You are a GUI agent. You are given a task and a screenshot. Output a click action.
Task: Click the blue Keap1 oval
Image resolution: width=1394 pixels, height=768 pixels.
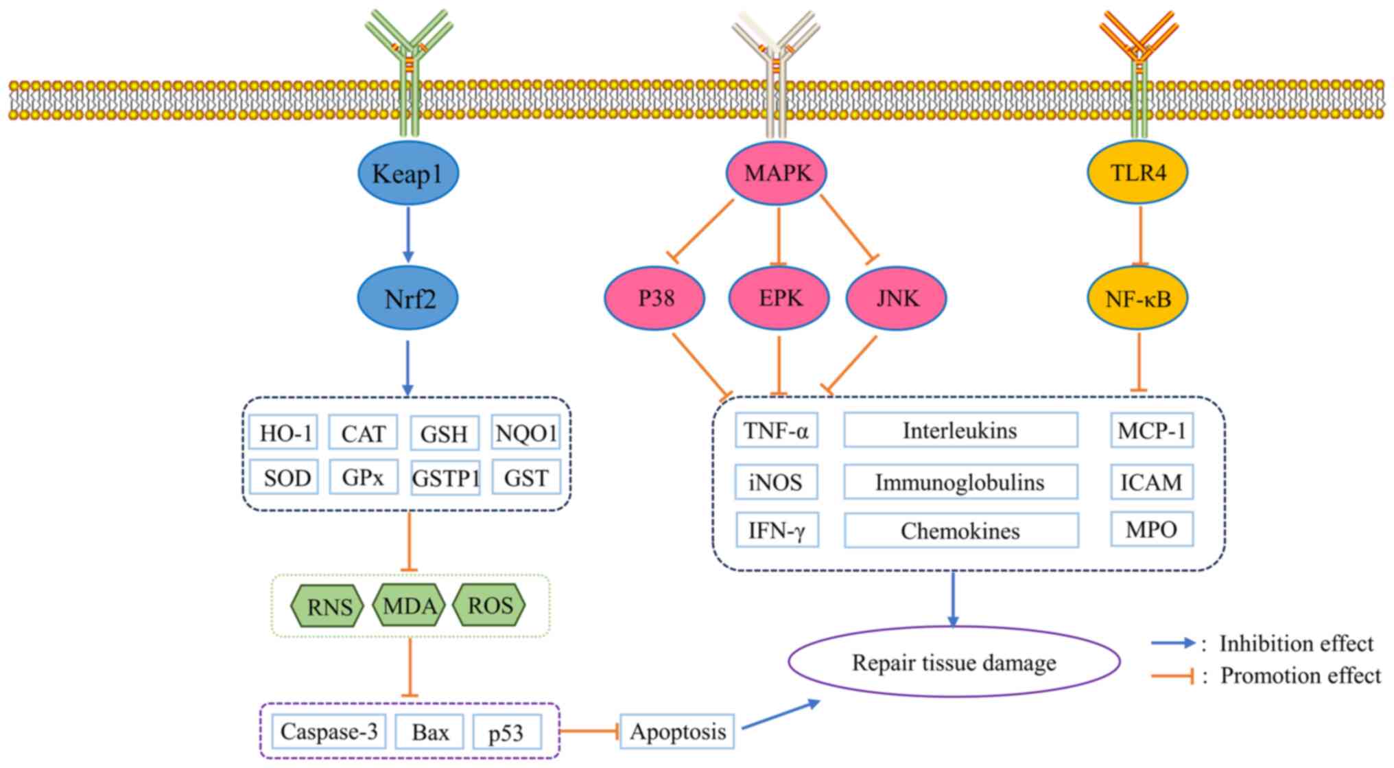tap(408, 173)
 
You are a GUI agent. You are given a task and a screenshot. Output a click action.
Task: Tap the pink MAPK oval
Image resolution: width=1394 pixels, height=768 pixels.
tap(777, 173)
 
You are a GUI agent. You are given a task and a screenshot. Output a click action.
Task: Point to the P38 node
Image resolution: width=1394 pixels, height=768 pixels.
tap(655, 299)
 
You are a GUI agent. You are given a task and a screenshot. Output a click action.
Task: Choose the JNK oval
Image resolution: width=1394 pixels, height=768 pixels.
tap(897, 299)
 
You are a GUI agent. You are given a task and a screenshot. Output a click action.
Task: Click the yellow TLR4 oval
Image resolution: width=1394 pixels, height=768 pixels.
tap(1138, 172)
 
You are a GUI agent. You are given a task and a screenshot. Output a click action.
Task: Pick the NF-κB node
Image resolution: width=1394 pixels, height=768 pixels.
tap(1138, 299)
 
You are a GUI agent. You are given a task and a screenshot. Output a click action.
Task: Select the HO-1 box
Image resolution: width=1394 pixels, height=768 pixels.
tap(284, 433)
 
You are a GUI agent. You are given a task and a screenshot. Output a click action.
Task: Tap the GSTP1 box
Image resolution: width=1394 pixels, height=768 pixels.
tap(445, 478)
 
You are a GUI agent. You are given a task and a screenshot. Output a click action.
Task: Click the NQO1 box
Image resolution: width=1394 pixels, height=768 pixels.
tap(526, 433)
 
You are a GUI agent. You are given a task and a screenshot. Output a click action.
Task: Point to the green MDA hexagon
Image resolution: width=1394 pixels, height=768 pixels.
tap(410, 605)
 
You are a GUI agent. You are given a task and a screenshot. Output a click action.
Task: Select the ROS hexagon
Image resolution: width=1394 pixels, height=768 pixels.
tap(490, 605)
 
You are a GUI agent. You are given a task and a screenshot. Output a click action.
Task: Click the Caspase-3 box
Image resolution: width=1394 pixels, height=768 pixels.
tap(329, 732)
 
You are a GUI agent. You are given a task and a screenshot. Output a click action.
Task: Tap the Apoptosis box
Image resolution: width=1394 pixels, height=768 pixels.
tap(678, 732)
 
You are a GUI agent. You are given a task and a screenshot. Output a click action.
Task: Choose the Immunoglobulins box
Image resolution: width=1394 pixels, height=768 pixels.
tap(960, 482)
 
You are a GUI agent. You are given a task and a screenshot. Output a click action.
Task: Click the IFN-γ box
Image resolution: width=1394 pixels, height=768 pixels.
tap(777, 530)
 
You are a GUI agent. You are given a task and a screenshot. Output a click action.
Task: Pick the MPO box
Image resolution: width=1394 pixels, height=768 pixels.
tap(1152, 528)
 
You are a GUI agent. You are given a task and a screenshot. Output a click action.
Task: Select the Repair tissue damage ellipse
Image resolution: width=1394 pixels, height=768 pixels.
tap(954, 662)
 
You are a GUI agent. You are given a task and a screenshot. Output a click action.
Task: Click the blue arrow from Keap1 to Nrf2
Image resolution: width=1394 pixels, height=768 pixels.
tap(408, 234)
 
